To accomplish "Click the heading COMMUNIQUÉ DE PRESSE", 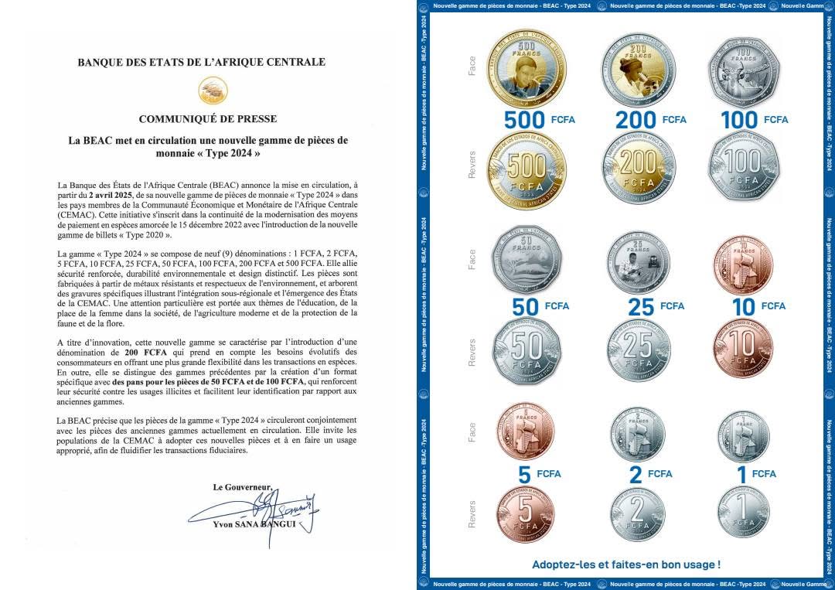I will click(x=207, y=119).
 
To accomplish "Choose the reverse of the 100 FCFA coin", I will click(x=744, y=170).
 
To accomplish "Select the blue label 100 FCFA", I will click(x=754, y=120).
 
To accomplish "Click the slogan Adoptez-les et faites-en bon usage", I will click(x=626, y=564).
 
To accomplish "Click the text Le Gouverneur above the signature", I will click(x=244, y=487).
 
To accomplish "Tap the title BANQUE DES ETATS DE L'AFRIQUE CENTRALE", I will click(x=202, y=62).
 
